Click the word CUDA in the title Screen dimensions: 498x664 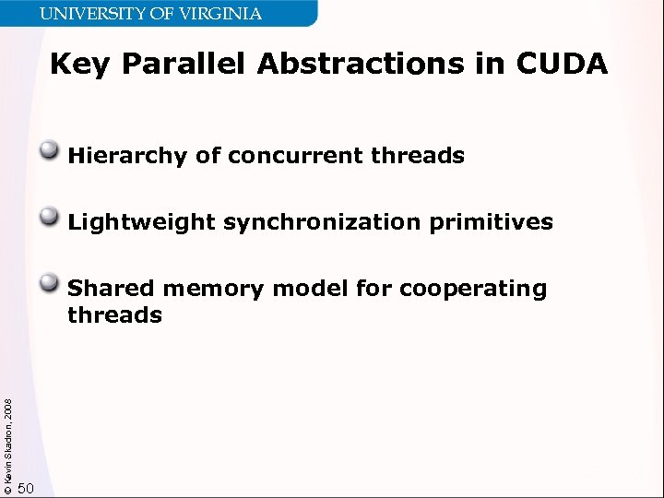pos(562,64)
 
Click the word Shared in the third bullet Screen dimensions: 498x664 pos(112,289)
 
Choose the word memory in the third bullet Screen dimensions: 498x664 pos(213,289)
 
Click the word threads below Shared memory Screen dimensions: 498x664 pos(114,315)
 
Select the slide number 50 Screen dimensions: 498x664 pos(26,488)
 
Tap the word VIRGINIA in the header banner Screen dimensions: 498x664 pos(222,13)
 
